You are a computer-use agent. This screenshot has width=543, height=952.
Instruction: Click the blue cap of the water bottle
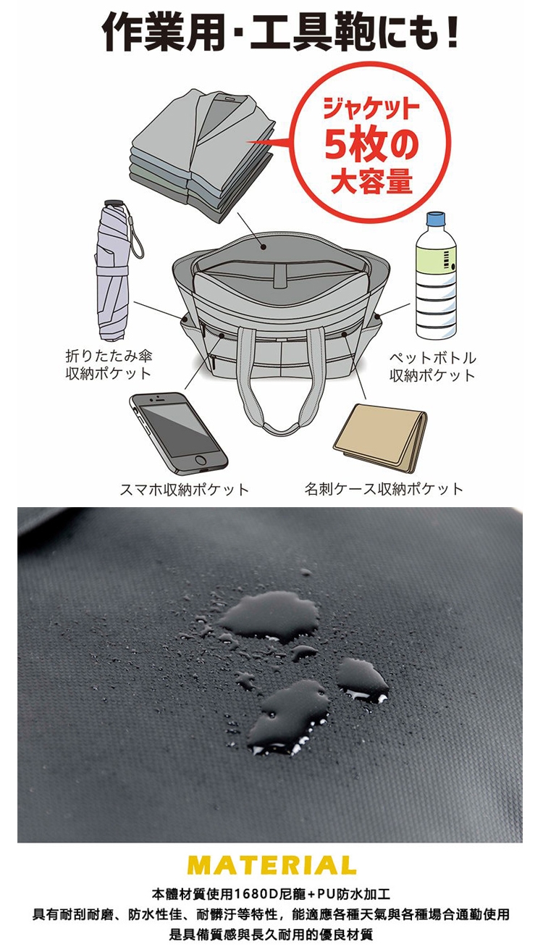437,220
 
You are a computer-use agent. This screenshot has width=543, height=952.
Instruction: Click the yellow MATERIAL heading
271,864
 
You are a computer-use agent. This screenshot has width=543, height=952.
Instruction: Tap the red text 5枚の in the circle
371,146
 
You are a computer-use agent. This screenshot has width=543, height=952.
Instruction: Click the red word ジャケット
371,109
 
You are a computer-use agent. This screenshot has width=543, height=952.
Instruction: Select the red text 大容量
371,181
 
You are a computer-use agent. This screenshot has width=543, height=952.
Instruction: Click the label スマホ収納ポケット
184,490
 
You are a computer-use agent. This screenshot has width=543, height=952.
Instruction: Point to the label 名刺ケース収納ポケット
384,489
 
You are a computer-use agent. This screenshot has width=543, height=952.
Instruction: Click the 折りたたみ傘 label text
109,355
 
